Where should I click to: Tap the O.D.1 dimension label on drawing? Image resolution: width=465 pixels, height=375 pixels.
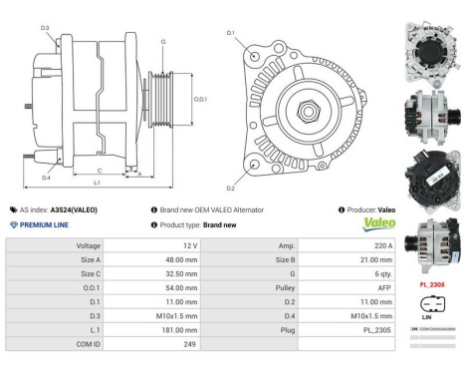coord(200,99)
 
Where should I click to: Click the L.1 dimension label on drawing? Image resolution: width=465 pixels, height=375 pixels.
coord(97,184)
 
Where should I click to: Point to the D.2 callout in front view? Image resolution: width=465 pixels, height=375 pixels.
coord(231,187)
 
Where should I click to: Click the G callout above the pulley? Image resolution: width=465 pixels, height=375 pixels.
coord(163,41)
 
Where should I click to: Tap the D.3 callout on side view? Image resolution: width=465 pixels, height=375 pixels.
coord(45,28)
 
